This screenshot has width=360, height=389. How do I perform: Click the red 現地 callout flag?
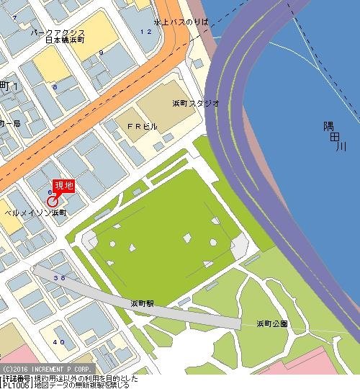coord(64,186)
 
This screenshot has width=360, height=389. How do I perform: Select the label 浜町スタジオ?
coord(196,104)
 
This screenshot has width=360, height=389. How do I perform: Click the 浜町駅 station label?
coord(143,303)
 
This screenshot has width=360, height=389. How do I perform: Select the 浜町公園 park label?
coord(272,324)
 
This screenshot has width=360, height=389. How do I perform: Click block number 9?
coord(102,52)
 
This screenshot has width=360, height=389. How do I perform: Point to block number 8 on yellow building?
coord(54,87)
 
